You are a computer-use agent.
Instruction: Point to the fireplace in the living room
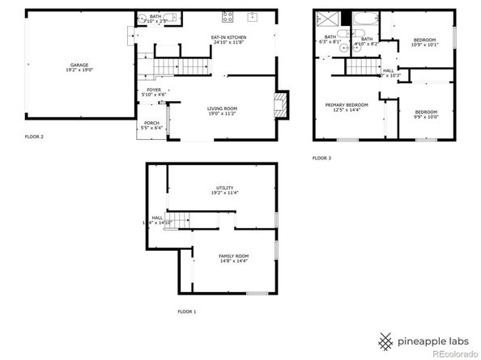click(280, 104)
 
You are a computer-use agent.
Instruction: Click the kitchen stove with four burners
click(228, 17)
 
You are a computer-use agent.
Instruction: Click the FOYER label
click(154, 92)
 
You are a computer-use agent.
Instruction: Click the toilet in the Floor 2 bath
click(140, 19)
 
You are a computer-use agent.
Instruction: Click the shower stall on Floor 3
click(328, 20)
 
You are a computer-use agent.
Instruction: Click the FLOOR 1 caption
click(187, 311)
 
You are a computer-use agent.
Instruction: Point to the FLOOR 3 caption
click(321, 158)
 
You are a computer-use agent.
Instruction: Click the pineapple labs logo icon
click(387, 338)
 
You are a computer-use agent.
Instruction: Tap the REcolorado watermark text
click(453, 352)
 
